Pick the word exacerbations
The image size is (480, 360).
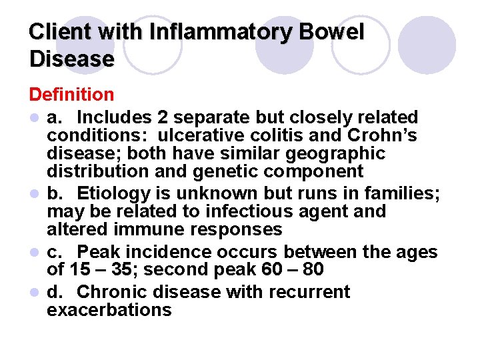pos(109,310)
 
